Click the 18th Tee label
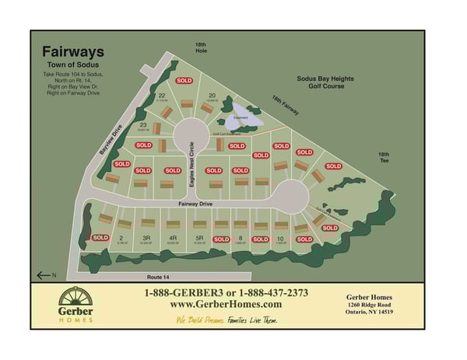[x=384, y=156]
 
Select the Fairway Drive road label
[x=189, y=204]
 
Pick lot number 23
[x=143, y=124]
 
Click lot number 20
[x=211, y=96]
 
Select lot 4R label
[x=173, y=238]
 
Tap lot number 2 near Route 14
[x=121, y=238]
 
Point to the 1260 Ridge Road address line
[x=370, y=304]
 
